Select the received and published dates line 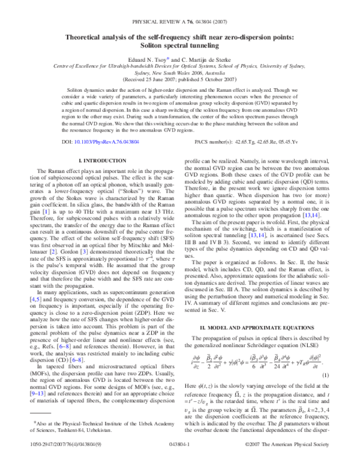[179, 79]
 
